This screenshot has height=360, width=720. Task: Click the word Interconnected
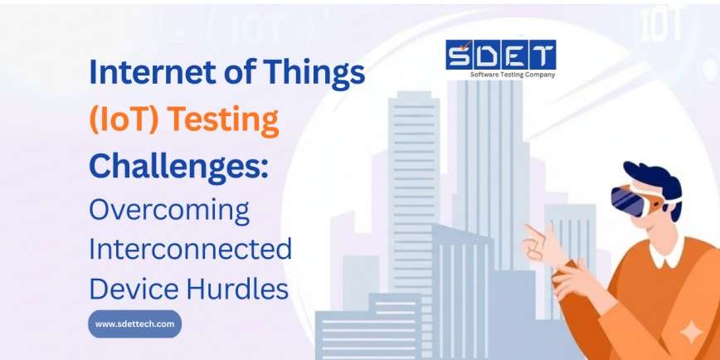190,248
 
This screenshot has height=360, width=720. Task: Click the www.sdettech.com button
134,324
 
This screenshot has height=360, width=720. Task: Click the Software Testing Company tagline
512,75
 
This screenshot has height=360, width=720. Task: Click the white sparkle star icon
690,333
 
